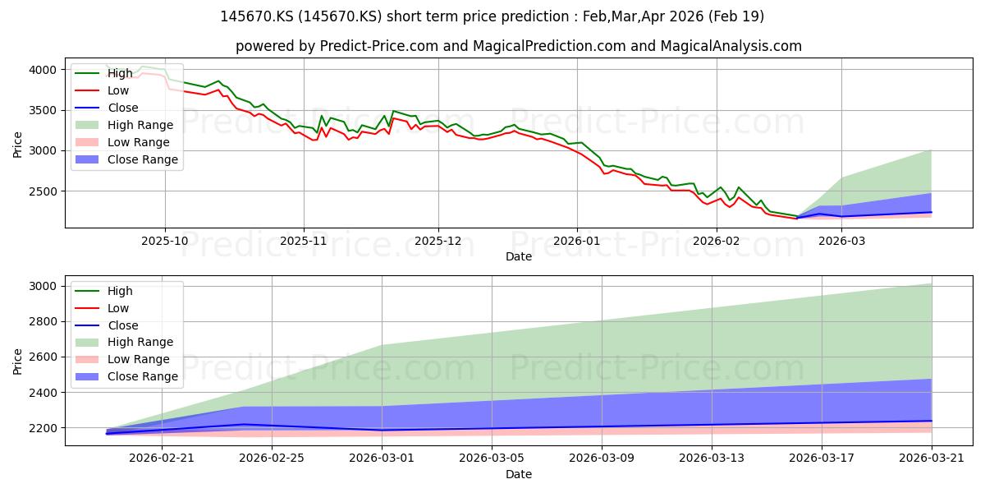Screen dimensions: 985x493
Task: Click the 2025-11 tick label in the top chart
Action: click(304, 241)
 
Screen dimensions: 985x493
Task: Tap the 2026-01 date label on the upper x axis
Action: click(577, 241)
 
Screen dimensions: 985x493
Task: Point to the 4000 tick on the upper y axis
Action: click(43, 70)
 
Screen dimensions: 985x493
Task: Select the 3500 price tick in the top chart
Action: click(43, 110)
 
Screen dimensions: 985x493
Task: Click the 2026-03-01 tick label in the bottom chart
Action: click(382, 458)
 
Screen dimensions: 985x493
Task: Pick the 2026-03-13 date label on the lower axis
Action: click(712, 458)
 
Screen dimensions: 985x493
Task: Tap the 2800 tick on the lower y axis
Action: click(43, 322)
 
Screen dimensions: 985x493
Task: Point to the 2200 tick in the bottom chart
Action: click(43, 428)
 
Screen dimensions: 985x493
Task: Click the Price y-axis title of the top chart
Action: click(17, 145)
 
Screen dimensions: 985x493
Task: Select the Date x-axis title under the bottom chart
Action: click(519, 474)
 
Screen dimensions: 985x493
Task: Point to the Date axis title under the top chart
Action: click(519, 256)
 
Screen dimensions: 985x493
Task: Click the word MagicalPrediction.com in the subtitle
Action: click(549, 46)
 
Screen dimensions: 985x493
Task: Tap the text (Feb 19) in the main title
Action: click(736, 16)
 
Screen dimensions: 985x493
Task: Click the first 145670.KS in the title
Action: click(257, 16)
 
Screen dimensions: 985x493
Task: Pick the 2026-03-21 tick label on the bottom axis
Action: click(932, 458)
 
